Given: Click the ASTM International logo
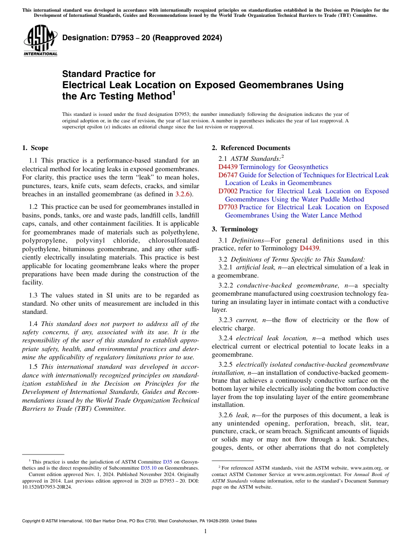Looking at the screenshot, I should [x=40, y=41].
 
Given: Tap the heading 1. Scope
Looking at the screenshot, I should [x=35, y=148].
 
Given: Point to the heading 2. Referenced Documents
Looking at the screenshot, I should [x=251, y=148].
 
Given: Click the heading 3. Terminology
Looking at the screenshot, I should [x=239, y=229].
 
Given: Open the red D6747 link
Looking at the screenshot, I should [x=228, y=175].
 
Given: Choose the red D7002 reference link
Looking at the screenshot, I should [x=228, y=191].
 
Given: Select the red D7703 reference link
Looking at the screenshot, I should [x=228, y=207].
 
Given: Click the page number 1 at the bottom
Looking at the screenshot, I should [x=205, y=531].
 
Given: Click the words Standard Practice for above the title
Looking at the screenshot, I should [x=109, y=74].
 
